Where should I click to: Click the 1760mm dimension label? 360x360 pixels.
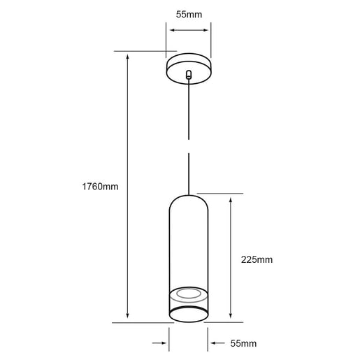pos(100,187)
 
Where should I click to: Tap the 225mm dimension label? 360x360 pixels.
pos(257,259)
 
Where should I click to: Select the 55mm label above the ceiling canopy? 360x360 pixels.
pos(189,15)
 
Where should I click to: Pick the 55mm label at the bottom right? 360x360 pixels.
pos(243,343)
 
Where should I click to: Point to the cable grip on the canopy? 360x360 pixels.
pos(189,74)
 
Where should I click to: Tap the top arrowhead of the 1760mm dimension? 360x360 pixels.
pos(127,57)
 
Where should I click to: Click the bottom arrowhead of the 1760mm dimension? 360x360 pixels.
pos(127,315)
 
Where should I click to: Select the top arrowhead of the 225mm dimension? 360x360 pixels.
pos(231,200)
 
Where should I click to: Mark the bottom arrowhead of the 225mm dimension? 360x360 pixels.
pos(231,315)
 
